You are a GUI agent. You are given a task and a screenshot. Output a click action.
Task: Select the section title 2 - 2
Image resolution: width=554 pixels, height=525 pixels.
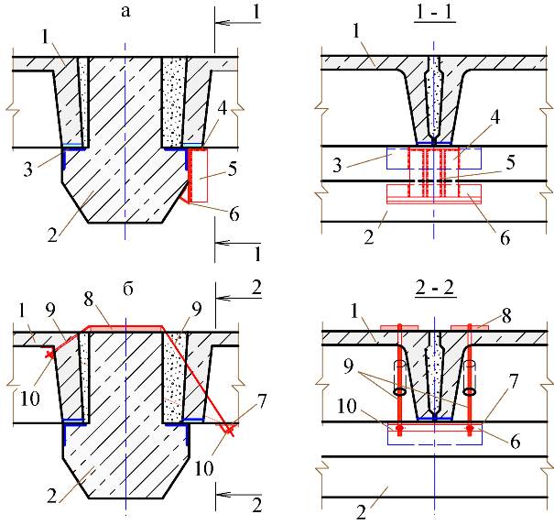click(435, 289)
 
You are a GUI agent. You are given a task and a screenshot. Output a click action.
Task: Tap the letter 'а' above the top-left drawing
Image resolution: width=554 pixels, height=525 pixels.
click(125, 12)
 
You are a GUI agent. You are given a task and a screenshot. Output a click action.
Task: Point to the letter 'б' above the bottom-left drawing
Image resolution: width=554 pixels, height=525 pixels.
click(127, 289)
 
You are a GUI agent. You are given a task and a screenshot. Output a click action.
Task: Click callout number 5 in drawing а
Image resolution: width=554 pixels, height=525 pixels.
click(232, 169)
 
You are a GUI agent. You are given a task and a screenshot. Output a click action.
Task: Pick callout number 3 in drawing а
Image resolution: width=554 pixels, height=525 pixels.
click(27, 169)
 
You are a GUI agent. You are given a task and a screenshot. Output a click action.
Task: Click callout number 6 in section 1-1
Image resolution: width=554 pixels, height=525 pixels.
click(505, 238)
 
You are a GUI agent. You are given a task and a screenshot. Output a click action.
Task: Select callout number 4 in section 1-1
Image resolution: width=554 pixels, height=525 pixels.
click(495, 117)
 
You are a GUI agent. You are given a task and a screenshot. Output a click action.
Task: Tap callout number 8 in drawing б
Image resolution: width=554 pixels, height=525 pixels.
click(89, 299)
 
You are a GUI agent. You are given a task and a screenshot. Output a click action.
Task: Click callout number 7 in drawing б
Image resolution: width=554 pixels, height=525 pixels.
click(261, 401)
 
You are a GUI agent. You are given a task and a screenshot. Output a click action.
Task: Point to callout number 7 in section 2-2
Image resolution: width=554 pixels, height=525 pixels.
click(513, 381)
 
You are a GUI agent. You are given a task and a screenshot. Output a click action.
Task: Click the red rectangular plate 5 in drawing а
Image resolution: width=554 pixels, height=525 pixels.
click(198, 175)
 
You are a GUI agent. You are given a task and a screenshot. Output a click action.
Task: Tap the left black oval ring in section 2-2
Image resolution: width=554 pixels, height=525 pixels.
click(399, 392)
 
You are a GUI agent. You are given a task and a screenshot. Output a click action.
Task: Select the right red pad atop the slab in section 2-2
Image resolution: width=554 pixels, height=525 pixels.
click(470, 328)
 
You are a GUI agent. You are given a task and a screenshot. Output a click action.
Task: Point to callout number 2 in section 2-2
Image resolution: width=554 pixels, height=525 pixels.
click(361, 512)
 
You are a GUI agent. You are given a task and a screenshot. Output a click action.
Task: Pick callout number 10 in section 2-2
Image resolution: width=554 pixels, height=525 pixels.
click(347, 406)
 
